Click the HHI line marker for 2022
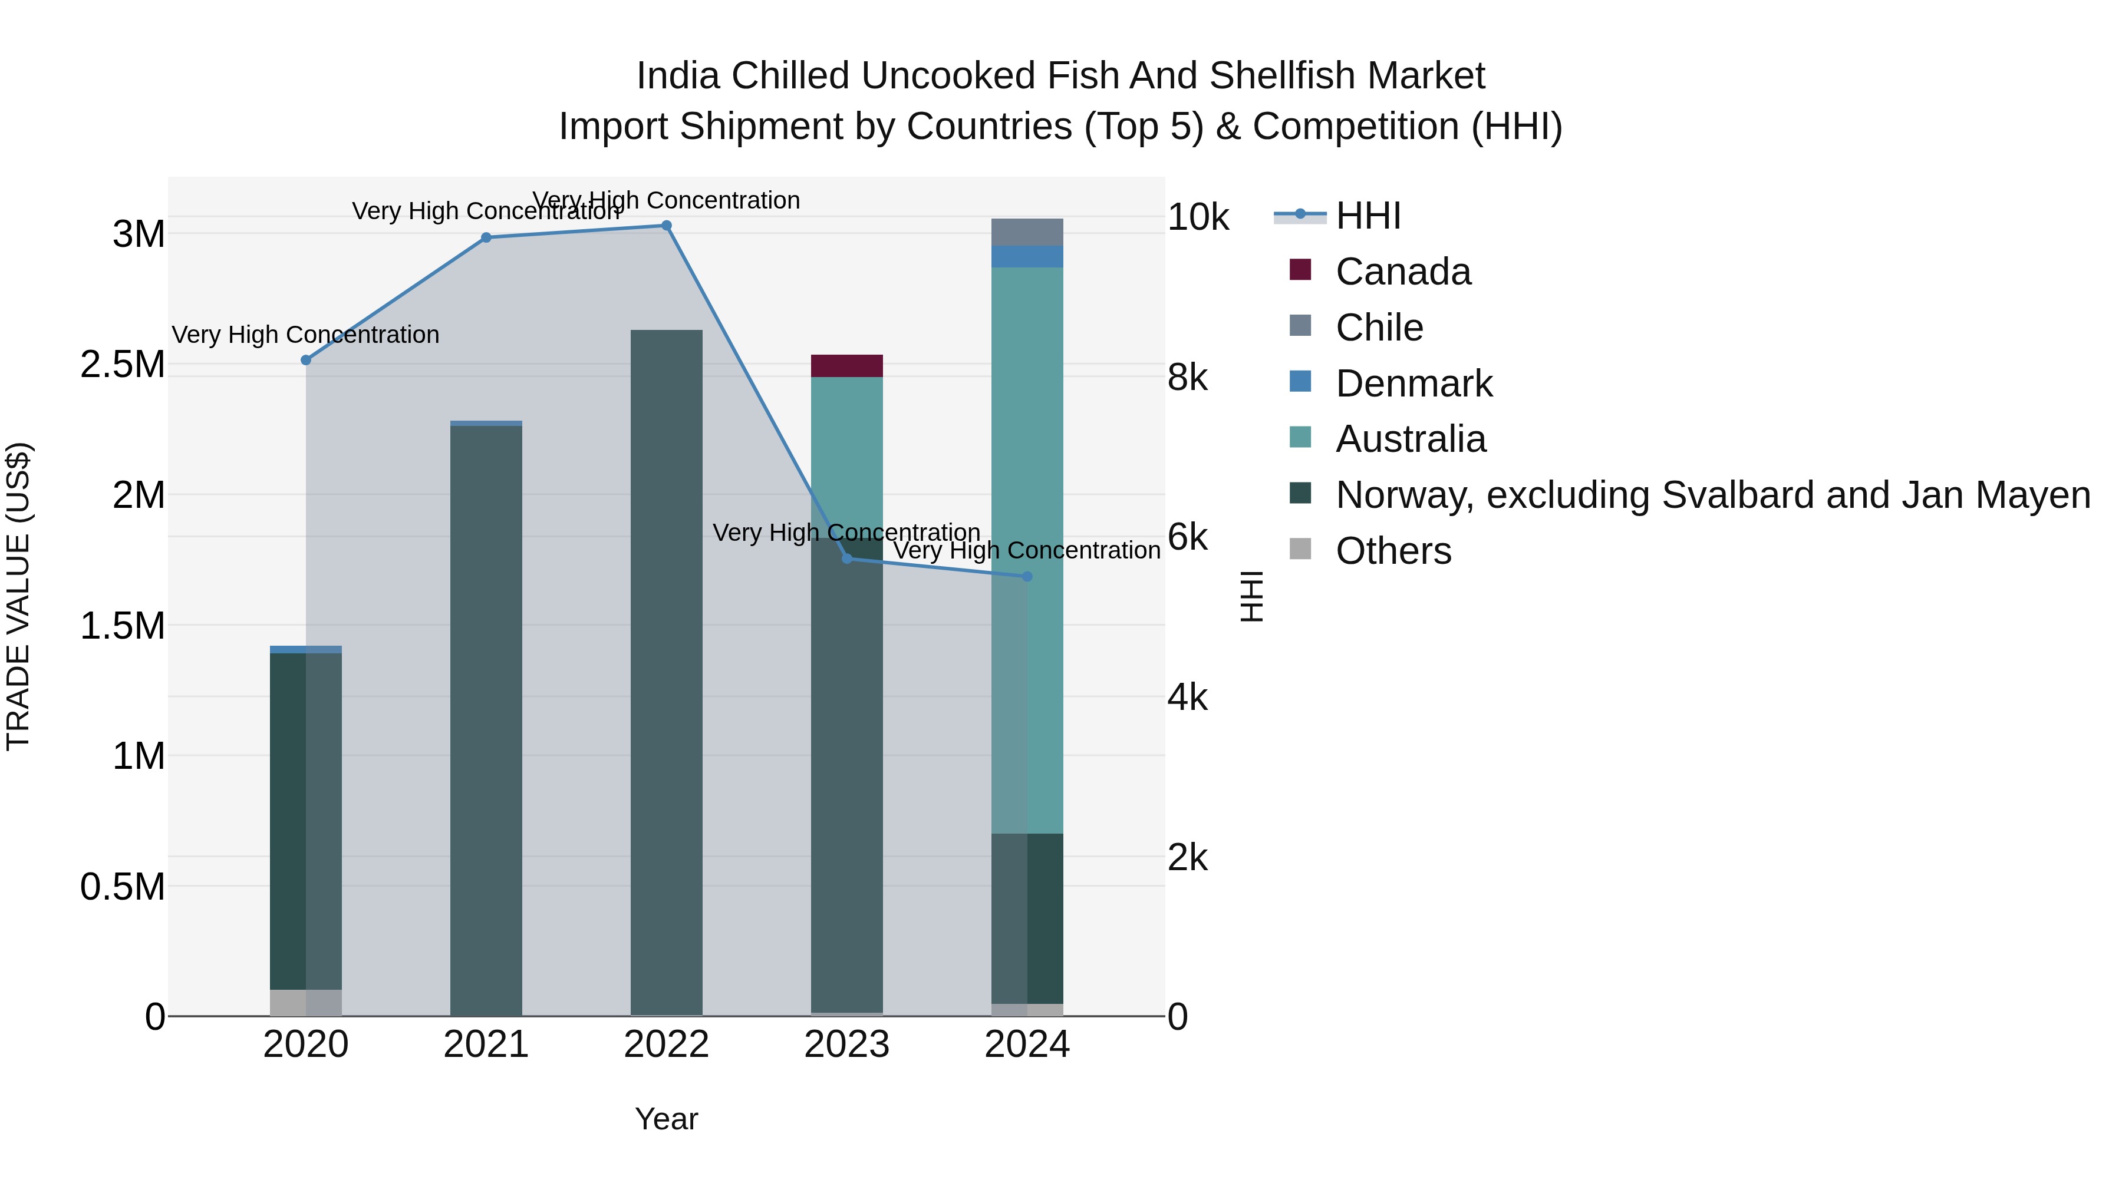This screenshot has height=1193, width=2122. [x=667, y=226]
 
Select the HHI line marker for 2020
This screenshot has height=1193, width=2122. [x=305, y=360]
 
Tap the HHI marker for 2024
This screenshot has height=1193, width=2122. [x=1026, y=576]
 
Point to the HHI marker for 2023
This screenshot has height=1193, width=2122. [x=847, y=559]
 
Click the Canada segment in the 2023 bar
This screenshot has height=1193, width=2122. [x=847, y=365]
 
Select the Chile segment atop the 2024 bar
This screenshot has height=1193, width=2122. [x=1026, y=232]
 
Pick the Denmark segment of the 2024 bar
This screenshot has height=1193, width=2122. [x=1026, y=256]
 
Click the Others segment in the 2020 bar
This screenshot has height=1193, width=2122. [x=305, y=1002]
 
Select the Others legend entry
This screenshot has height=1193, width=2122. [x=1392, y=551]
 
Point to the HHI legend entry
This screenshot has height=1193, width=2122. [x=1368, y=216]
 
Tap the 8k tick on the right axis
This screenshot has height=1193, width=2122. [x=1187, y=377]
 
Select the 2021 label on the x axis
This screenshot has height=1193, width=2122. [x=486, y=1045]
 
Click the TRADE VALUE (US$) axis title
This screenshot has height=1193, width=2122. [x=18, y=596]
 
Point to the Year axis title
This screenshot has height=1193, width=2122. [x=667, y=1119]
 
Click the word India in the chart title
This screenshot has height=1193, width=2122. [x=679, y=76]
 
